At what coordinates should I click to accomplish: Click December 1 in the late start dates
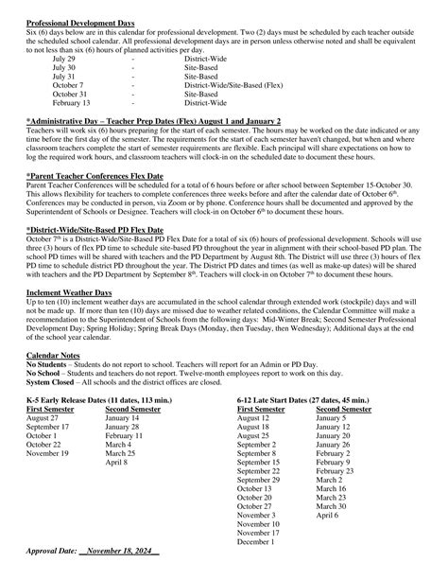[x=256, y=541]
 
